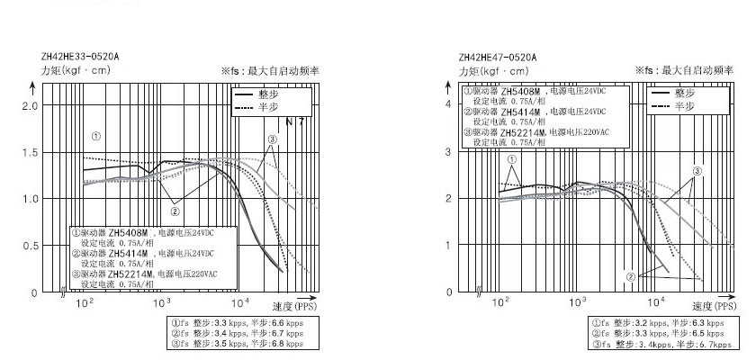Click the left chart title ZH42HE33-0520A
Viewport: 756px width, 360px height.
[x=79, y=57]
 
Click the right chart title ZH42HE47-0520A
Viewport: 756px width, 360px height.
[x=497, y=57]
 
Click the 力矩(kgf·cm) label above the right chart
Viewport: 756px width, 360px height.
[x=494, y=70]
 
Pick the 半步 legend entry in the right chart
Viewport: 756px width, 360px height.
[x=687, y=105]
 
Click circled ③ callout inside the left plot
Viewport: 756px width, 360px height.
[x=272, y=139]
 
